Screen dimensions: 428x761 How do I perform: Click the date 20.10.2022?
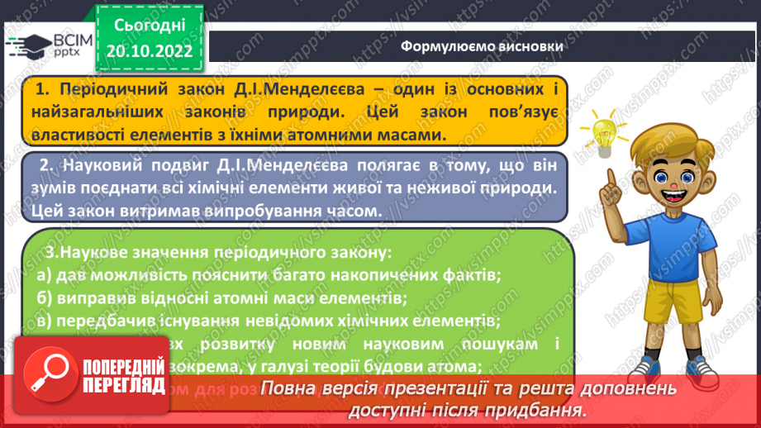coord(149,50)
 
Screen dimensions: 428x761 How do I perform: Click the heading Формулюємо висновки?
coord(482,46)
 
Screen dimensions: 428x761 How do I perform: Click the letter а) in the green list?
coord(45,273)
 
